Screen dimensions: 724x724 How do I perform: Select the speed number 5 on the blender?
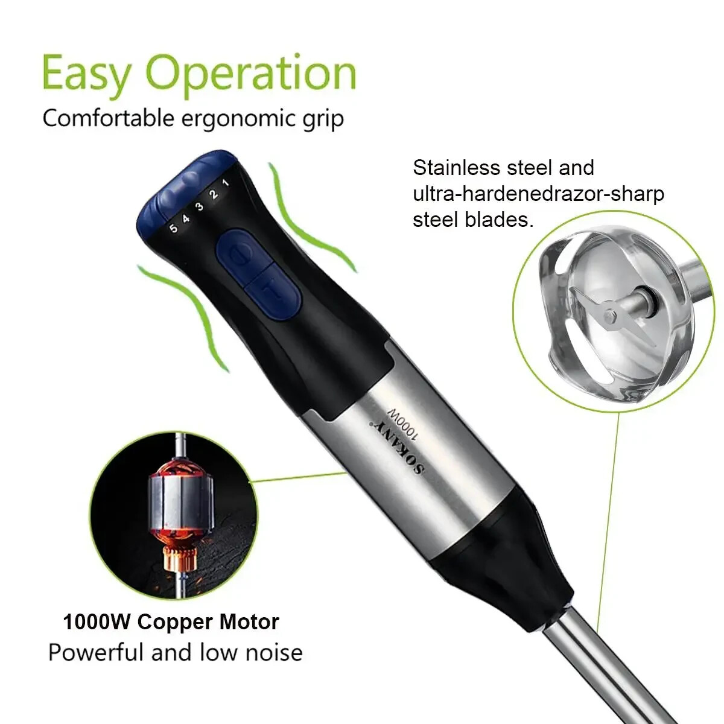click(x=173, y=228)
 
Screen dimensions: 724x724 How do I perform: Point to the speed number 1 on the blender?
click(x=226, y=183)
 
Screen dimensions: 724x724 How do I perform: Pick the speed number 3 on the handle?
click(x=200, y=206)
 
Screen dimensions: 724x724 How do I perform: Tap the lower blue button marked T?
click(x=273, y=291)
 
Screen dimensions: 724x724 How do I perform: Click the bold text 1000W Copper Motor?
click(x=171, y=622)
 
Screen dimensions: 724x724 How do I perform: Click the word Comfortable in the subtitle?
click(x=108, y=118)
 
